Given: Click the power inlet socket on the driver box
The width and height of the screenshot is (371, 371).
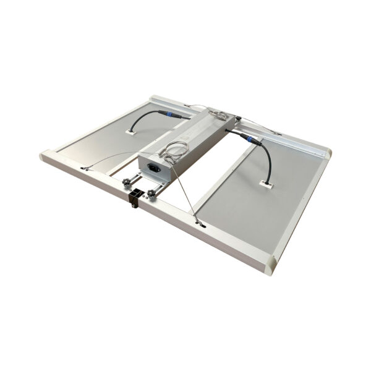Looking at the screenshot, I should tap(151, 166).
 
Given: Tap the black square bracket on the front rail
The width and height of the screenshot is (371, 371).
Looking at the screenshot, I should tap(134, 198).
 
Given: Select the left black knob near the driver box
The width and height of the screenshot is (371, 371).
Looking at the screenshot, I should tap(127, 182).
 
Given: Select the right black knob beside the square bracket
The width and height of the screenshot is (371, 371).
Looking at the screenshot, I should tap(150, 195).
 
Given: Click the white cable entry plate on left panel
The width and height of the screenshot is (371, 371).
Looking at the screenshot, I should tap(132, 130).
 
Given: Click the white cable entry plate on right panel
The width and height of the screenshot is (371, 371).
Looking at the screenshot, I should tap(267, 182).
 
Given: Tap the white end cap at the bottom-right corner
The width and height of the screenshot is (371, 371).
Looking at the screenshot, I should tap(270, 267).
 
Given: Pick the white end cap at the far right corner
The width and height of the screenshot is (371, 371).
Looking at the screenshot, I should tap(326, 152).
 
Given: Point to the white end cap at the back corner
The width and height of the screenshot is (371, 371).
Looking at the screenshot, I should tap(155, 98).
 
